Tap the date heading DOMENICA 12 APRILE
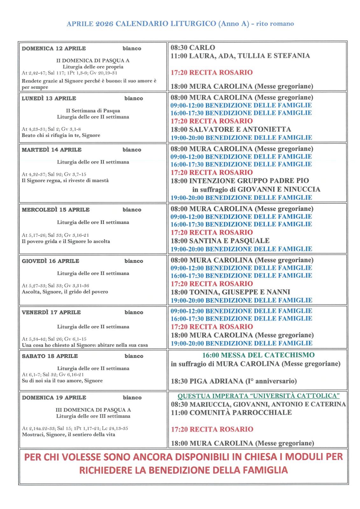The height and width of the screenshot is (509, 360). pyautogui.click(x=54, y=49)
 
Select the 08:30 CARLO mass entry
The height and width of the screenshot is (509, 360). pyautogui.click(x=193, y=48)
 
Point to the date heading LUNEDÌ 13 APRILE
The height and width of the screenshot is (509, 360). pyautogui.click(x=49, y=99)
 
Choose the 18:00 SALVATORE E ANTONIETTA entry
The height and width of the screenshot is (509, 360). pyautogui.click(x=231, y=129)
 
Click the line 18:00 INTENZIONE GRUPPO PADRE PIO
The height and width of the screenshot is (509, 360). pyautogui.click(x=240, y=181)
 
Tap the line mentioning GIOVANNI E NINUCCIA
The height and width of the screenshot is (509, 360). pyautogui.click(x=256, y=190)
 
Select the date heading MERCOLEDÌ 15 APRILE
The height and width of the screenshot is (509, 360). pyautogui.click(x=56, y=210)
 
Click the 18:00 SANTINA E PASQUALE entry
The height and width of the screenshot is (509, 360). pyautogui.click(x=220, y=241)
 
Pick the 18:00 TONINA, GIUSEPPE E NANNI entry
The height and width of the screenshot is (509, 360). pyautogui.click(x=230, y=292)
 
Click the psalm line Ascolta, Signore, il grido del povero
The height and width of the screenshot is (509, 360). pyautogui.click(x=65, y=292)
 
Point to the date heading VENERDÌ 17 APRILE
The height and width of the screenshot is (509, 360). pyautogui.click(x=51, y=312)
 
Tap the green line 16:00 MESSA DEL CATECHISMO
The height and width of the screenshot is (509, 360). pyautogui.click(x=258, y=355)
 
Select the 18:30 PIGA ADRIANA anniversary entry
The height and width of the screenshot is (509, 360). pyautogui.click(x=234, y=381)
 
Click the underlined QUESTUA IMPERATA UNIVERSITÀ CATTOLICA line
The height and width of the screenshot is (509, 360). pyautogui.click(x=258, y=396)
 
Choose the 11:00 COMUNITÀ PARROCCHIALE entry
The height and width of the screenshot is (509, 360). pyautogui.click(x=231, y=413)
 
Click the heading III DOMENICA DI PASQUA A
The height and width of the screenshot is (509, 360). pyautogui.click(x=93, y=410)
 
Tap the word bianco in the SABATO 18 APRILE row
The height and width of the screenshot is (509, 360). pyautogui.click(x=134, y=356)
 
